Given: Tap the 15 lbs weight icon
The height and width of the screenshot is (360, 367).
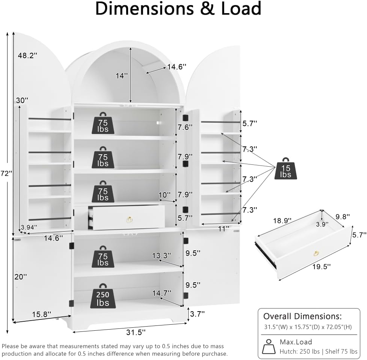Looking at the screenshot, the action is [285, 169].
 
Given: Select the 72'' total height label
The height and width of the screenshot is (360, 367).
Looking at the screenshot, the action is [6, 173].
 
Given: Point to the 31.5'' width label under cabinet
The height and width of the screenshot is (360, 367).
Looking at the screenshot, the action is [136, 332].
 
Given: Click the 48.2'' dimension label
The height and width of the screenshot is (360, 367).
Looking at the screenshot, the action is [28, 56].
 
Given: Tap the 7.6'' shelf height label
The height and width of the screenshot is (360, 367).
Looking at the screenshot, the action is [185, 127].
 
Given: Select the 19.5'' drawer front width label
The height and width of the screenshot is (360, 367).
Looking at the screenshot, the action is [322, 267].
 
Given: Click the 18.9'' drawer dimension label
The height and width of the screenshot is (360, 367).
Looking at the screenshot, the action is [282, 221].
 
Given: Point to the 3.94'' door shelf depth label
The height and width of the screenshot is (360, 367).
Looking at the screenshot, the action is [29, 227].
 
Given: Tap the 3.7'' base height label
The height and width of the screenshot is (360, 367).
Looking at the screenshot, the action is [197, 314].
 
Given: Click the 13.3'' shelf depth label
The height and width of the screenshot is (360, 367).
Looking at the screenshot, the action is [162, 255].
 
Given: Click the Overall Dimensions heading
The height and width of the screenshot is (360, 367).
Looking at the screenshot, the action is [302, 316].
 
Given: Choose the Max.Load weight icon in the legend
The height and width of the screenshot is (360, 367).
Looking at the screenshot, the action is [269, 346].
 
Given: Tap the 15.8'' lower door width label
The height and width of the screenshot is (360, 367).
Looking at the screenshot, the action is [41, 314].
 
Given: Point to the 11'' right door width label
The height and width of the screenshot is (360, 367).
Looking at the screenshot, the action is [224, 229].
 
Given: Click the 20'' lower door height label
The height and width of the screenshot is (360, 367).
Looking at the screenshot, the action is [21, 277].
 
